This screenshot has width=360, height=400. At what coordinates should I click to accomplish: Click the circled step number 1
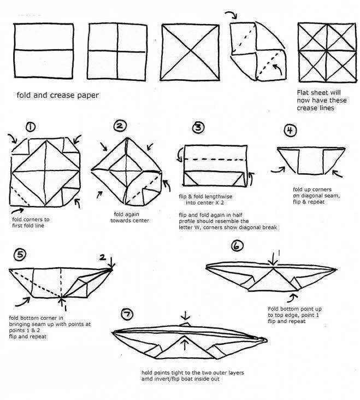tap(30, 127)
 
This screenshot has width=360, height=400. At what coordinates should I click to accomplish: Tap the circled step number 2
tap(120, 126)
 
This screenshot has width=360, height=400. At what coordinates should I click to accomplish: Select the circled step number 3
tap(198, 128)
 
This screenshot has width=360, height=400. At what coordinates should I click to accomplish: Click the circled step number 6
tap(237, 246)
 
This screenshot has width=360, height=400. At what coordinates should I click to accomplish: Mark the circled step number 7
tap(127, 314)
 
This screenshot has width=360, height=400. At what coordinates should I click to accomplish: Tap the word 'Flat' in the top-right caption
tap(305, 93)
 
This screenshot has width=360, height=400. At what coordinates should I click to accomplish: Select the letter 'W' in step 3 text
tap(198, 227)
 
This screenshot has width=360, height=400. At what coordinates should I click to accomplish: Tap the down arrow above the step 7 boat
tap(186, 316)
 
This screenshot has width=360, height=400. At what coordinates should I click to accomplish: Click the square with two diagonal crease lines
tap(188, 51)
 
